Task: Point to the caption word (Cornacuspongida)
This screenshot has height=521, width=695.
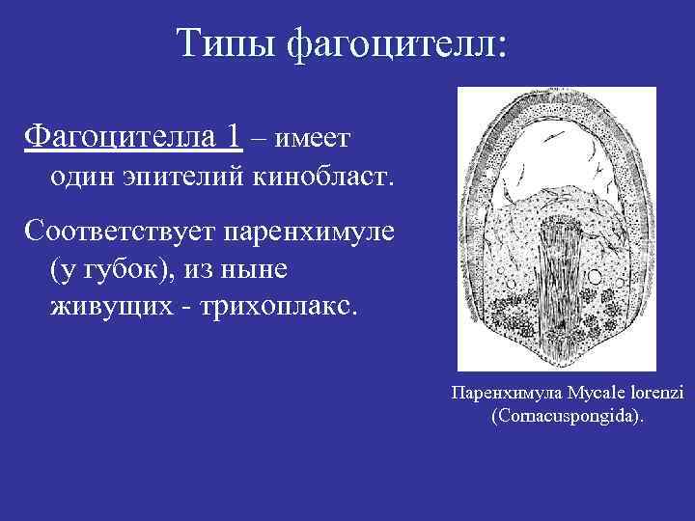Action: [x=555, y=417]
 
